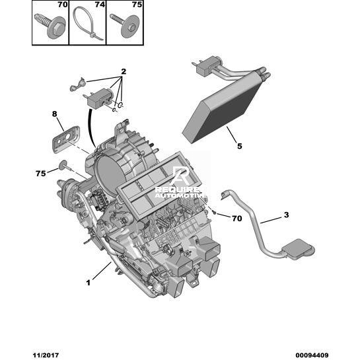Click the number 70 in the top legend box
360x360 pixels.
coord(63,5)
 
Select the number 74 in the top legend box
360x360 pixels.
coord(100,5)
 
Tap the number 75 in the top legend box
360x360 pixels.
coord(137,5)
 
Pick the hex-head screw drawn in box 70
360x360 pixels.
coord(50,26)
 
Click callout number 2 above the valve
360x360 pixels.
coord(124,71)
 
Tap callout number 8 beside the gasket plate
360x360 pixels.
coord(54,114)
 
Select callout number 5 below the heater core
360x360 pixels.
coord(240,146)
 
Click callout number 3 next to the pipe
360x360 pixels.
coord(286,215)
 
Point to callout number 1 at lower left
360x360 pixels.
coord(88,283)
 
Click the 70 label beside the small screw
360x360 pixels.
coord(237,219)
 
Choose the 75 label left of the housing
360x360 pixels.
coord(41,173)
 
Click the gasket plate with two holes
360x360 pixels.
coord(65,139)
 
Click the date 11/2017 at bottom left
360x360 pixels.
coord(46,355)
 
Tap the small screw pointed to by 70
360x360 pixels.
coord(214,213)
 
